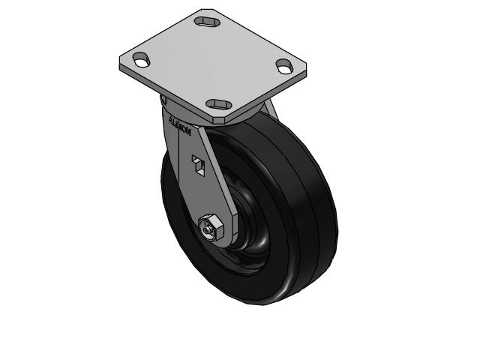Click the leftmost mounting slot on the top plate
click(x=142, y=60)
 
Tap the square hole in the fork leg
click(x=198, y=163)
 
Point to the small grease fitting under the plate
click(x=163, y=99)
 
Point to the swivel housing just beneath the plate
click(x=176, y=109)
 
